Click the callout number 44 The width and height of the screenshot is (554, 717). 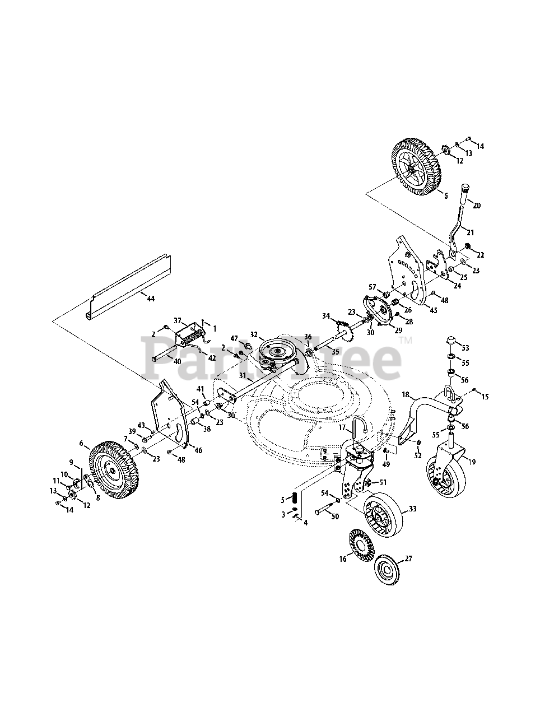[150, 299]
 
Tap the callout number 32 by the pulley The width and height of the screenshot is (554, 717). [254, 334]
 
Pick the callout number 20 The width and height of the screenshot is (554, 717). [476, 206]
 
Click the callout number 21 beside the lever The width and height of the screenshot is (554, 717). [470, 232]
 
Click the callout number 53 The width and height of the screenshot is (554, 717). [464, 347]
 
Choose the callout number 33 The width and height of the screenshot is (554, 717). [413, 509]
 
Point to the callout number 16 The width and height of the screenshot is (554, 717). [343, 558]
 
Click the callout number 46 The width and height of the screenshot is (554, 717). [198, 450]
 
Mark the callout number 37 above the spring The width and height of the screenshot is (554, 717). [178, 320]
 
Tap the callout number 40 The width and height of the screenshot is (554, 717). [177, 361]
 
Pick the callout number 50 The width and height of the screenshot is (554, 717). [335, 516]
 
